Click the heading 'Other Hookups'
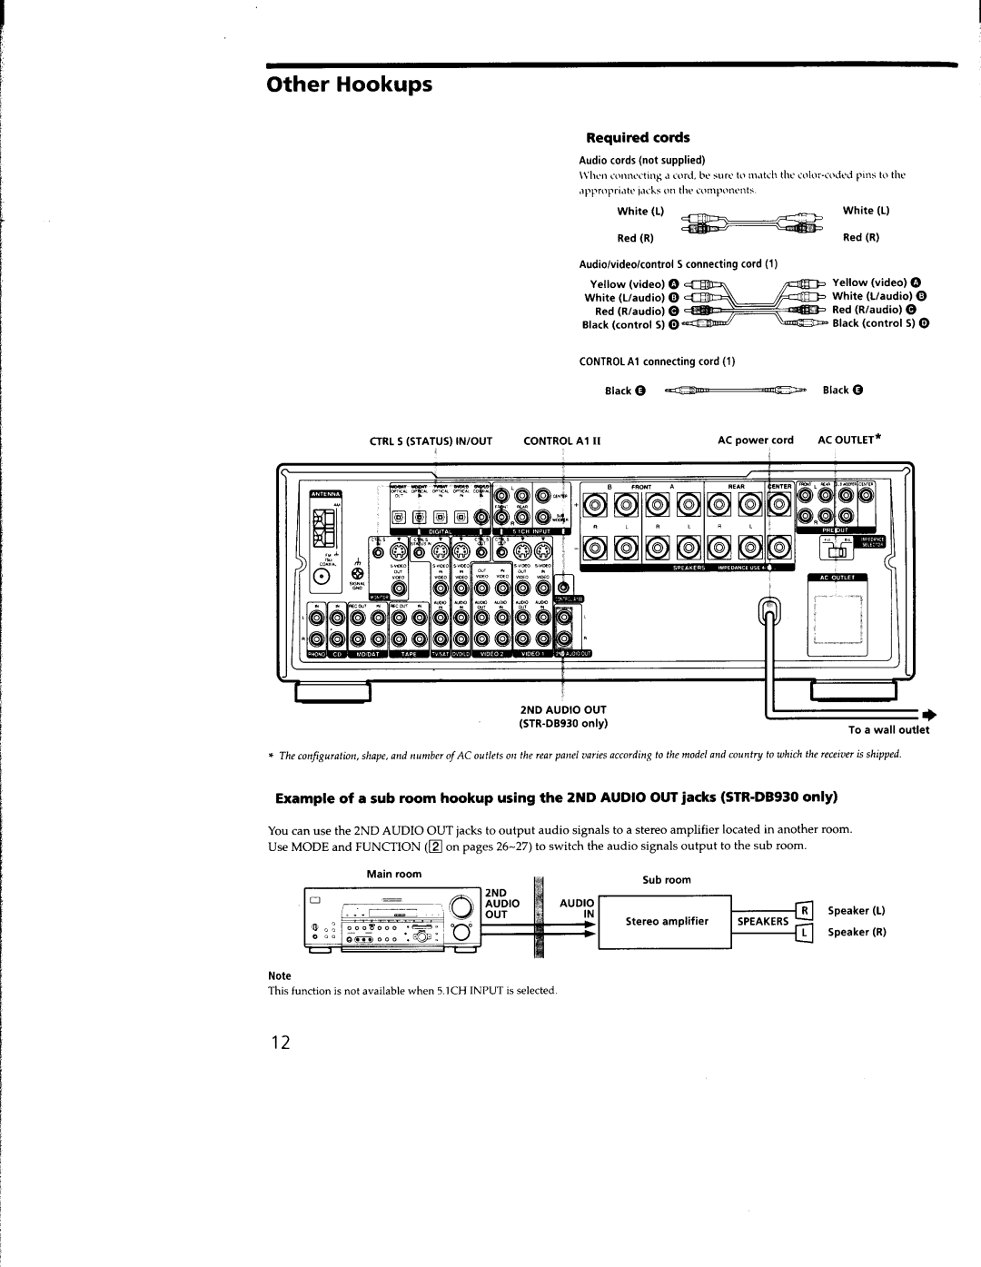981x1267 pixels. point(349,85)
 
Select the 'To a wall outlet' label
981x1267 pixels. point(889,729)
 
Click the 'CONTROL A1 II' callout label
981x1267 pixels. point(563,440)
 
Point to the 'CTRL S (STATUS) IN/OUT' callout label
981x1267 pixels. point(442,440)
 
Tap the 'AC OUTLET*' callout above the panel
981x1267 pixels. point(851,440)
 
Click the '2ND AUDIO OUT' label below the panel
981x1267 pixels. point(562,708)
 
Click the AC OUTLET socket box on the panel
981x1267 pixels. point(837,618)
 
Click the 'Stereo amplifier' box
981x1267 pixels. point(665,921)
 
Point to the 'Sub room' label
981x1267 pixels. point(667,879)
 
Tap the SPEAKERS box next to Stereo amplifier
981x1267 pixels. point(761,921)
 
